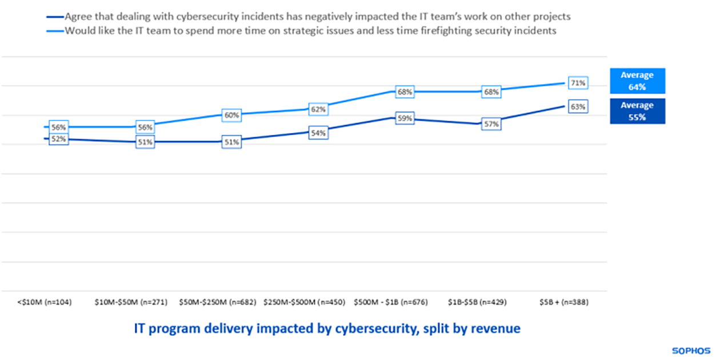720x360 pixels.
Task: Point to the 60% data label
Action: [232, 115]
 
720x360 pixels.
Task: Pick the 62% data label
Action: [319, 109]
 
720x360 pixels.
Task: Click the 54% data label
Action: [319, 133]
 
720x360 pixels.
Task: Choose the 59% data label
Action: [405, 119]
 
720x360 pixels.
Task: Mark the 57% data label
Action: [492, 123]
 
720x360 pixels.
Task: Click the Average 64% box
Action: [638, 81]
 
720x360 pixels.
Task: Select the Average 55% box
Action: [638, 111]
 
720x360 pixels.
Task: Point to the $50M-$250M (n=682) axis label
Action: [218, 302]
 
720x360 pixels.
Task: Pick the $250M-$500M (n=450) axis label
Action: [305, 302]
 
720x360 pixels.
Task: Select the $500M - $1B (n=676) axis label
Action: [391, 302]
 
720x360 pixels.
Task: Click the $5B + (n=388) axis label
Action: [564, 302]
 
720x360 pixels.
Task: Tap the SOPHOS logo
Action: [691, 350]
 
